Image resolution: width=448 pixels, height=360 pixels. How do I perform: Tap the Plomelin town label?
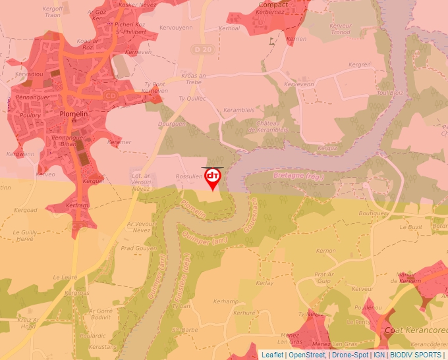point(74,113)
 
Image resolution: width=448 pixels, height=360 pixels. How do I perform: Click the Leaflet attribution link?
point(272,355)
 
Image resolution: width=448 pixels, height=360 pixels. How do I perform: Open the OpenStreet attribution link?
point(306,355)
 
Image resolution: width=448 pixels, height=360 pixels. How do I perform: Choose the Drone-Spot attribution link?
point(350,355)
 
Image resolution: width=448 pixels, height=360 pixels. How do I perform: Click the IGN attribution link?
point(379,355)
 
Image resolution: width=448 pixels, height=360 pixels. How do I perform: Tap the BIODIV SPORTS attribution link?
point(415,355)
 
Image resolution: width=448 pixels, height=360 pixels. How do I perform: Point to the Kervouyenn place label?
point(176,28)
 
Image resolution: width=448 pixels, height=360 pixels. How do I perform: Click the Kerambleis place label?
point(238,110)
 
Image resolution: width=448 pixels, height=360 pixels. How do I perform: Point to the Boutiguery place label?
point(374,213)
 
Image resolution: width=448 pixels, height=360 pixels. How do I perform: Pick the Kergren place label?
point(360,64)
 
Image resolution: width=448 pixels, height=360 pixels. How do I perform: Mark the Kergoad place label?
point(26,210)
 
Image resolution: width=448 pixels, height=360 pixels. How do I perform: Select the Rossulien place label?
point(188,176)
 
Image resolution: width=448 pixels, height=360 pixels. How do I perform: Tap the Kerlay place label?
point(264,283)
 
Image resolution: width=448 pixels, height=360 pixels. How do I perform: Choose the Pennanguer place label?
point(28,97)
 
